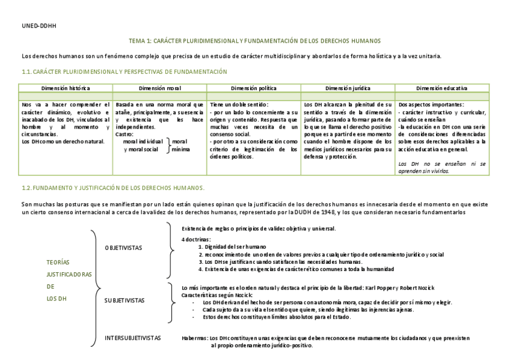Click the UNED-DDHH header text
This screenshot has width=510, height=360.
[34, 26]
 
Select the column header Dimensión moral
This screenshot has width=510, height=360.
[160, 88]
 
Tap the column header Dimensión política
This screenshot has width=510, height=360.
[254, 88]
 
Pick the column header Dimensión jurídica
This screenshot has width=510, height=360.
[348, 88]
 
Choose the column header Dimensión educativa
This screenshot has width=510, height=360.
[441, 88]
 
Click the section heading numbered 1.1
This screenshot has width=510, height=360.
[124, 72]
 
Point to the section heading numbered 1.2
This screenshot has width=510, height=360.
[113, 188]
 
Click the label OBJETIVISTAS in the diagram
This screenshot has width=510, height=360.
[123, 248]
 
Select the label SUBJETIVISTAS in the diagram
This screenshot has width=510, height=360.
[124, 299]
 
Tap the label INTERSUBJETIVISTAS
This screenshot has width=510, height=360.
[133, 338]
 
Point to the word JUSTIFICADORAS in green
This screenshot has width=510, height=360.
[69, 274]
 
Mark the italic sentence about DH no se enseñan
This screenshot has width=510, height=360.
[442, 166]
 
